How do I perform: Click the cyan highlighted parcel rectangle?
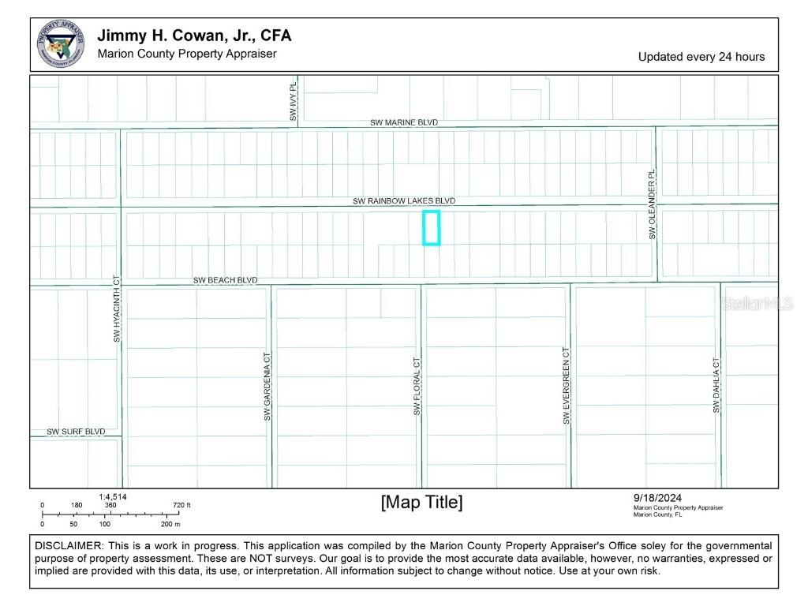point(431,228)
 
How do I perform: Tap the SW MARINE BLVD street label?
point(404,123)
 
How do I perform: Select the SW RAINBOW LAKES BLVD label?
point(403,201)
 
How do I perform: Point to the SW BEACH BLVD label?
point(225,280)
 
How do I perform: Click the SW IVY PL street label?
point(293,102)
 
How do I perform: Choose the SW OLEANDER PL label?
point(652,205)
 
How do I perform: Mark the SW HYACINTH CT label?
point(116,309)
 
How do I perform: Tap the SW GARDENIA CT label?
point(267,387)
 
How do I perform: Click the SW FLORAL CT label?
point(417,386)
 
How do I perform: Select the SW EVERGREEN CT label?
point(567,386)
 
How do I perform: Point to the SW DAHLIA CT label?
point(716,386)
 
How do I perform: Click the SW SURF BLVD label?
point(76,432)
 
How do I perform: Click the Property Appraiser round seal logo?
point(61,44)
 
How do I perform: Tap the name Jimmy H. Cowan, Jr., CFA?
point(194,36)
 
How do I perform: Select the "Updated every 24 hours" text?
point(701,57)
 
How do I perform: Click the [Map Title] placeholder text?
point(421,503)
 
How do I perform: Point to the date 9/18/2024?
point(656,497)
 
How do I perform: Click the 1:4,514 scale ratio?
point(113,496)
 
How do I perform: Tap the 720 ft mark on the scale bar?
point(181,505)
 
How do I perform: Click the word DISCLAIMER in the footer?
point(69,546)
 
